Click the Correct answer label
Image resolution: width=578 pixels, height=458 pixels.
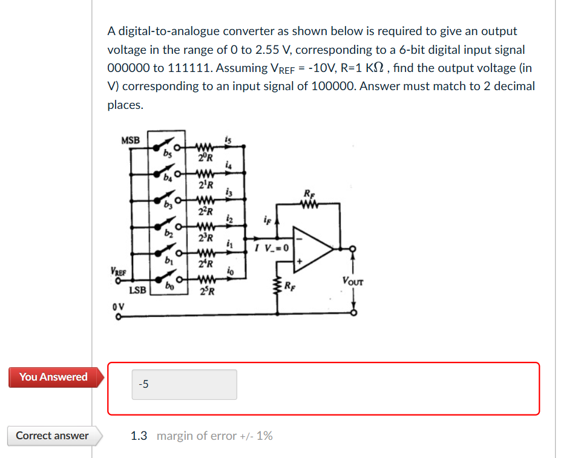coord(52,436)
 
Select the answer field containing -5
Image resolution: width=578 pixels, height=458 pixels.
coord(184,384)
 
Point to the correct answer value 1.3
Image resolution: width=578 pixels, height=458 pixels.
coord(139,436)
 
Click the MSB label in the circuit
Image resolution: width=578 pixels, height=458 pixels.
coord(130,140)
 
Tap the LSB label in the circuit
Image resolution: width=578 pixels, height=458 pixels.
coord(138,290)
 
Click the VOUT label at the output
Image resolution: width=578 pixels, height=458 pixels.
coord(352,281)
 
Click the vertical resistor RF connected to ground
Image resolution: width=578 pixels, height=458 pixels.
coord(278,284)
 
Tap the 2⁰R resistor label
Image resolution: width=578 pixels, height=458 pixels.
coord(205,159)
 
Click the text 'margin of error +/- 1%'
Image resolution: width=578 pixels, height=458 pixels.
coord(214,436)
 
